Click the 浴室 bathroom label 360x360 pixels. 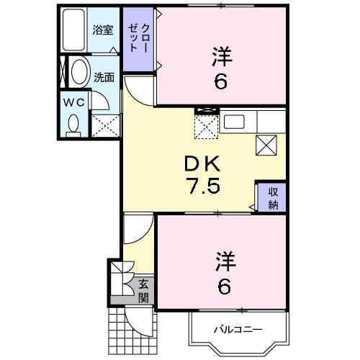[x=103, y=30]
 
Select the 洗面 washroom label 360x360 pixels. [x=104, y=76]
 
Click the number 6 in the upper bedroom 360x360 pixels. [x=220, y=81]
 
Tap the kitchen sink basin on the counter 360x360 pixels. [x=235, y=122]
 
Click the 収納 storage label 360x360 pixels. [x=274, y=196]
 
